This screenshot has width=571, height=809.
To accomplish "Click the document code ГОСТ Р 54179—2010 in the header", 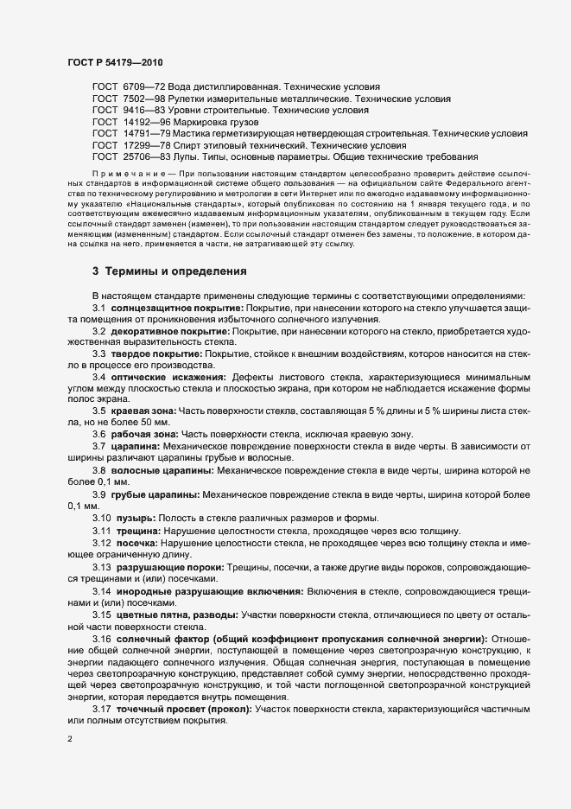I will point(114,62).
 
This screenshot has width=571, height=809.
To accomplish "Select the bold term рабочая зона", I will point(145,433).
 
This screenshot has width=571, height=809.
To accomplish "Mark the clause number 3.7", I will point(99,445).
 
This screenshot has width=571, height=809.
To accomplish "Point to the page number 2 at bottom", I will point(70,740).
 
